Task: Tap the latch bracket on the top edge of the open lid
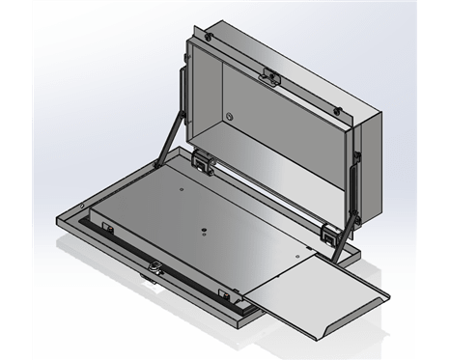268,74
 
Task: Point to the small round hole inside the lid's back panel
230,116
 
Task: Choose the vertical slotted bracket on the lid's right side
356,182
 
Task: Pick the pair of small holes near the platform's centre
204,230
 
